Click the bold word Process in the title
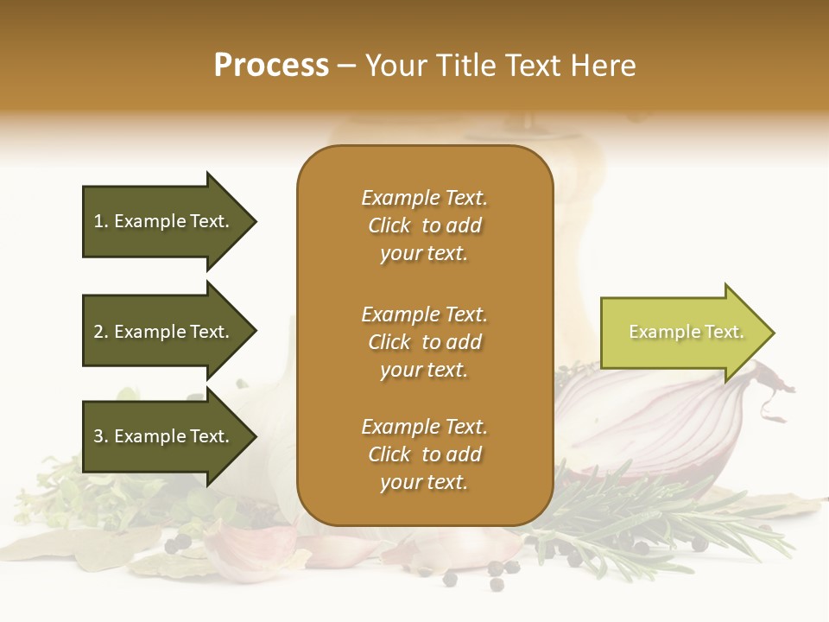coord(271,66)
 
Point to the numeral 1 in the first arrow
coord(98,221)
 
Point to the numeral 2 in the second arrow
coord(98,332)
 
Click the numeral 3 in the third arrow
coord(98,436)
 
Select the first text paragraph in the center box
coord(424,225)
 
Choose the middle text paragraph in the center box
coord(424,342)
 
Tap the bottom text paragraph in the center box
coord(424,454)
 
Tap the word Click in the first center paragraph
coord(389,225)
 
